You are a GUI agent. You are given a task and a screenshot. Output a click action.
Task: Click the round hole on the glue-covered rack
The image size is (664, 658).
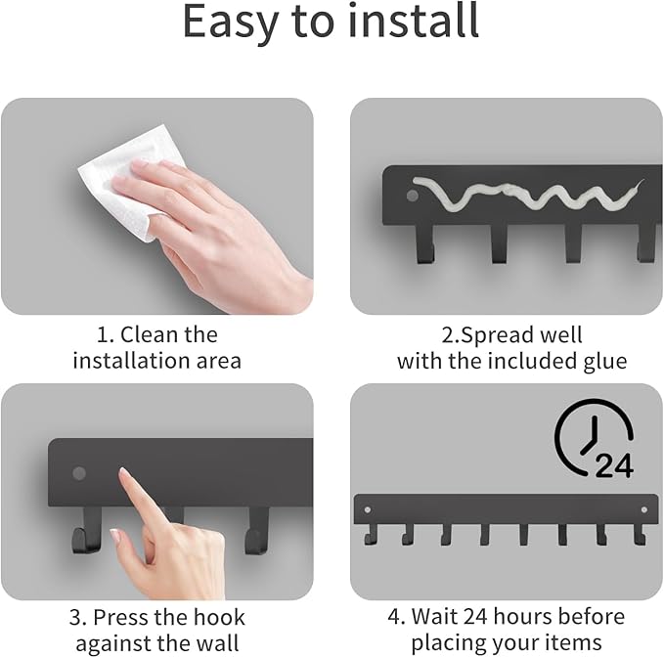413,196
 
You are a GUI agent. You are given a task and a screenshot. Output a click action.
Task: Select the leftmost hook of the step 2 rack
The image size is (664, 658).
425,243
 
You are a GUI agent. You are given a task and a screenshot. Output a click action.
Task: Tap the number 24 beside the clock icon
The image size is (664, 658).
614,465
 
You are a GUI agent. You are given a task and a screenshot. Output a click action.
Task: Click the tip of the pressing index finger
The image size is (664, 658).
123,470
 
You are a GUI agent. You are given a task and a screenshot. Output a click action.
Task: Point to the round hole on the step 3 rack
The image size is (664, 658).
79,473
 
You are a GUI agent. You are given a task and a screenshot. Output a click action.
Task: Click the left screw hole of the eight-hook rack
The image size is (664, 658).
368,509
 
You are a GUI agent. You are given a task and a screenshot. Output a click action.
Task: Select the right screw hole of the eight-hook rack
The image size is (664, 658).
644,509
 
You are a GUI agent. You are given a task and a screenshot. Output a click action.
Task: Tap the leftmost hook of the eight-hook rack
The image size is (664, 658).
370,535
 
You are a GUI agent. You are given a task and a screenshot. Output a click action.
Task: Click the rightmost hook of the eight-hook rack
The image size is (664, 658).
640,535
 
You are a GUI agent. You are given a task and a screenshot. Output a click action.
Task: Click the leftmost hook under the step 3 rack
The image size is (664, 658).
86,532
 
